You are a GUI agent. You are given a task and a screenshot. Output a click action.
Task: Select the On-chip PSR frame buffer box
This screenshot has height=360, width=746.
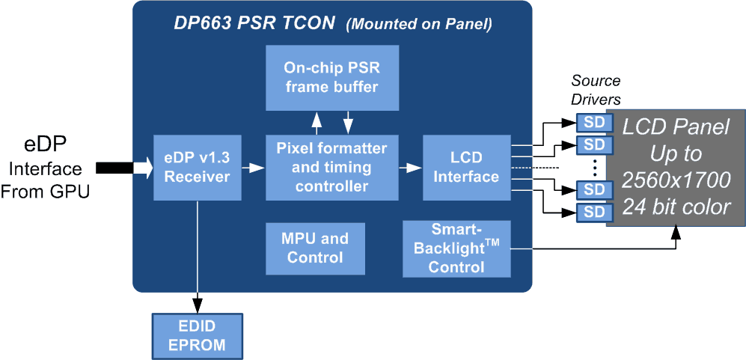(x=331, y=77)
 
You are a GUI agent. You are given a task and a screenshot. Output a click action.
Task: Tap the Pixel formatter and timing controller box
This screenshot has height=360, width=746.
(x=331, y=168)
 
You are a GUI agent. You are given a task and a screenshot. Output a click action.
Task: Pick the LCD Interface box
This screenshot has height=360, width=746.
(x=465, y=168)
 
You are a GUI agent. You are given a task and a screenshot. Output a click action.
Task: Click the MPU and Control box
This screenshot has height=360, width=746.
(x=315, y=248)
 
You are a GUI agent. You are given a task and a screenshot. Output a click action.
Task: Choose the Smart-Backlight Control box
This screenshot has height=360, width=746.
(x=456, y=248)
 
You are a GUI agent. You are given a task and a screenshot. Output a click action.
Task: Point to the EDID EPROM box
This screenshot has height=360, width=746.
(x=198, y=337)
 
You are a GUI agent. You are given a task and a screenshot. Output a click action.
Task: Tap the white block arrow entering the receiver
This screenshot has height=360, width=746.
(x=142, y=168)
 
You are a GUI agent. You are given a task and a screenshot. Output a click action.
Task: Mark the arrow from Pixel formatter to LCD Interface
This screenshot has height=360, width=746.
(x=409, y=168)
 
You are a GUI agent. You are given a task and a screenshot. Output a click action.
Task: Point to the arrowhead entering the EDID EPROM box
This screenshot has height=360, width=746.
(x=198, y=306)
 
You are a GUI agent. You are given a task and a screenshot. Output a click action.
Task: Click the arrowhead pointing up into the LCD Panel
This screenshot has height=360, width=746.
(x=676, y=234)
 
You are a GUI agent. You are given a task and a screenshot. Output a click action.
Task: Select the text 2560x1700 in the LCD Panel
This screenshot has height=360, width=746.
(x=676, y=180)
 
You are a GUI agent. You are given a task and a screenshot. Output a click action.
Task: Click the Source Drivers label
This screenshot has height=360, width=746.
(x=596, y=90)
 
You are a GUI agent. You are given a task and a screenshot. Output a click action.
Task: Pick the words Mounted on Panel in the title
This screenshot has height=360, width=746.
(x=419, y=25)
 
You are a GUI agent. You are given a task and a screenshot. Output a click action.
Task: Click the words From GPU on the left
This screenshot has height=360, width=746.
(x=45, y=191)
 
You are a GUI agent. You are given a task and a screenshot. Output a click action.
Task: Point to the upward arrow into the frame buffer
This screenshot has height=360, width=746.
(x=317, y=120)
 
